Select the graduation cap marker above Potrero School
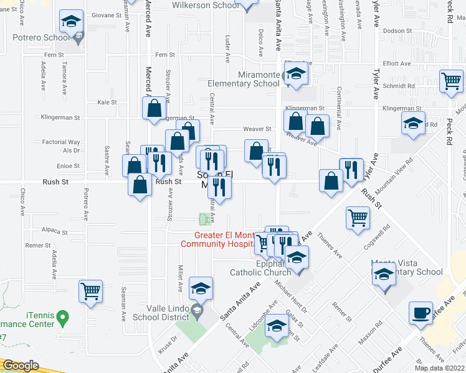point(72,22)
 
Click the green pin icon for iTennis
point(62,318)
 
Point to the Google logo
point(21,366)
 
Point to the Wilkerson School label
point(205,6)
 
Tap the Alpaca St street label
point(55,232)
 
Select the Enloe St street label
point(69,167)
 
